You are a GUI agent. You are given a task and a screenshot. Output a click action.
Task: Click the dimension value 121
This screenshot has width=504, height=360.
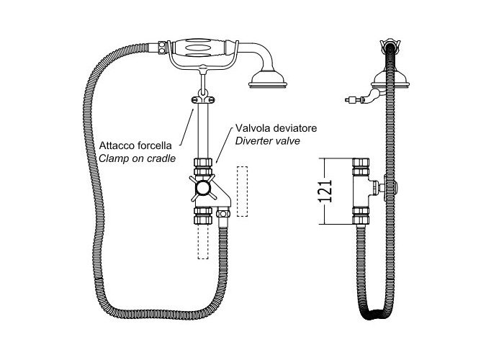click(325, 191)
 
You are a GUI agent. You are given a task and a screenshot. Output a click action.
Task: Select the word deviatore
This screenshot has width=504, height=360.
click(296, 128)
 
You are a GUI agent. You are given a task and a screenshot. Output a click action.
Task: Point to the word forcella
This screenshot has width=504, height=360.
click(155, 145)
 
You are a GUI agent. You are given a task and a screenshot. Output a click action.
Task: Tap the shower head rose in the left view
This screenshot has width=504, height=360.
click(268, 79)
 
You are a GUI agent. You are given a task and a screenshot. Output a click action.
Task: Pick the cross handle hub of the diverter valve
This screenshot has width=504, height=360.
click(203, 188)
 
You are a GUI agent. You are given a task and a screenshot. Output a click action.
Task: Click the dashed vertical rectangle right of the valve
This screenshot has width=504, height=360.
click(243, 192)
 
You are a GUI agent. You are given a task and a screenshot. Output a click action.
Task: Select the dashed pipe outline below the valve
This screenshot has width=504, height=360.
click(203, 241)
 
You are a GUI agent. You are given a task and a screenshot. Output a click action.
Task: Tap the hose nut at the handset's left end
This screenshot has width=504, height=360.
click(162, 48)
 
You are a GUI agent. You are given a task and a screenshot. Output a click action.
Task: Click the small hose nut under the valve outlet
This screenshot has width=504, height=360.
click(223, 213)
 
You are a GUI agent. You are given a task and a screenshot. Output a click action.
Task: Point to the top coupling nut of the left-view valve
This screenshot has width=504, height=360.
click(203, 166)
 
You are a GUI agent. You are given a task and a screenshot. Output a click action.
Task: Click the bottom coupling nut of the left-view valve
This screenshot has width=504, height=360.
click(203, 216)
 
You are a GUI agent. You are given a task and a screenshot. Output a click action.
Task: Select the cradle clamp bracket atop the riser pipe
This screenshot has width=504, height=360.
click(203, 100)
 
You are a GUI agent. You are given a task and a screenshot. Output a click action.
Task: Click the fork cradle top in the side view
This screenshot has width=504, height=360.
click(390, 45)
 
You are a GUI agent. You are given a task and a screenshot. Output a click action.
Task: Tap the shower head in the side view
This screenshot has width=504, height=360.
click(390, 80)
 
